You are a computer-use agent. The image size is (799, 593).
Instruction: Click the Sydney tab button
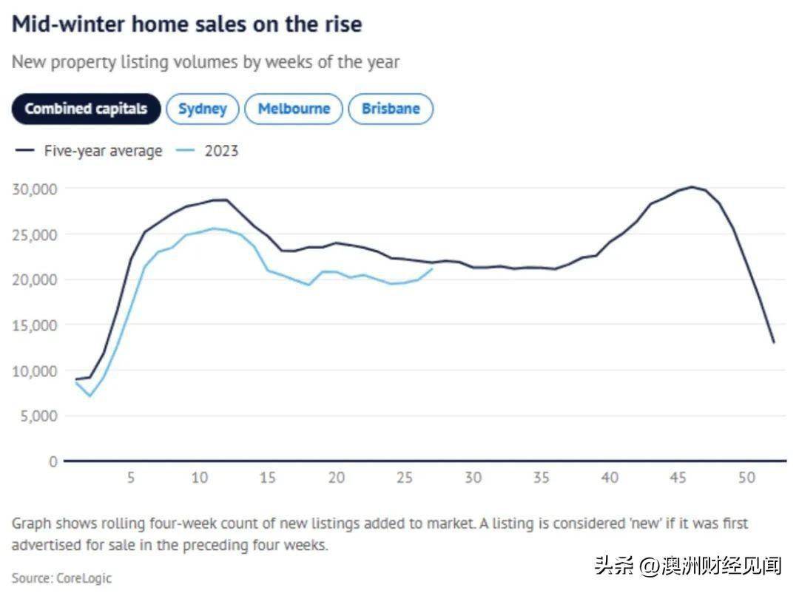point(202,109)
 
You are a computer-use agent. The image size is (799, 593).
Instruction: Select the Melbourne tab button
point(294,109)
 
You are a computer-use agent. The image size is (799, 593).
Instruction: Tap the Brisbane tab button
point(391,109)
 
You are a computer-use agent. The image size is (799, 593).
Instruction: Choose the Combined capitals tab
point(86,109)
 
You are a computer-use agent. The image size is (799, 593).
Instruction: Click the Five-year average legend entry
point(102,151)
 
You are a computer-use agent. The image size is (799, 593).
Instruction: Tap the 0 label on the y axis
point(53,461)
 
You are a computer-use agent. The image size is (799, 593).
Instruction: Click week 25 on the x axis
point(404,478)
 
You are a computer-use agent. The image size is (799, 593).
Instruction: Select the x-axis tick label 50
point(746,478)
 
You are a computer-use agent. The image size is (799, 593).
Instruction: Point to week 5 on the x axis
point(131,478)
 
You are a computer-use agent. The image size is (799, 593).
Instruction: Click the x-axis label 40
point(610,478)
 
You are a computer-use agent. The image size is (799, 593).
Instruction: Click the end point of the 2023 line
point(432,269)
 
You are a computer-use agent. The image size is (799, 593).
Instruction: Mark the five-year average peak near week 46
point(692,186)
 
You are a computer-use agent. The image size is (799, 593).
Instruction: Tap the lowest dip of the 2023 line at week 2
point(90,396)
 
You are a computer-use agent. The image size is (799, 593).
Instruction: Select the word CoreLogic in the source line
point(84,577)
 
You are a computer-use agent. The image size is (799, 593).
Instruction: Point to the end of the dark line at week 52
point(774,342)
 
